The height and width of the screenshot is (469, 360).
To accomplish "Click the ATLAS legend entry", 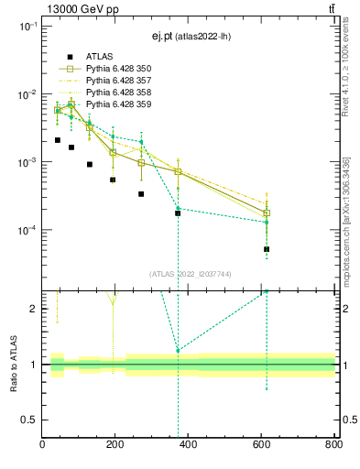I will (x=101, y=57).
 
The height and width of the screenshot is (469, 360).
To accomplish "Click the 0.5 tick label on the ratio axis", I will (x=29, y=420).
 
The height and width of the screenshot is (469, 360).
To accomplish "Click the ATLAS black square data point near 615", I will (x=267, y=249).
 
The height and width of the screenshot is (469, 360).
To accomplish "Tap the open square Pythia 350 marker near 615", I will (x=267, y=213).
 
